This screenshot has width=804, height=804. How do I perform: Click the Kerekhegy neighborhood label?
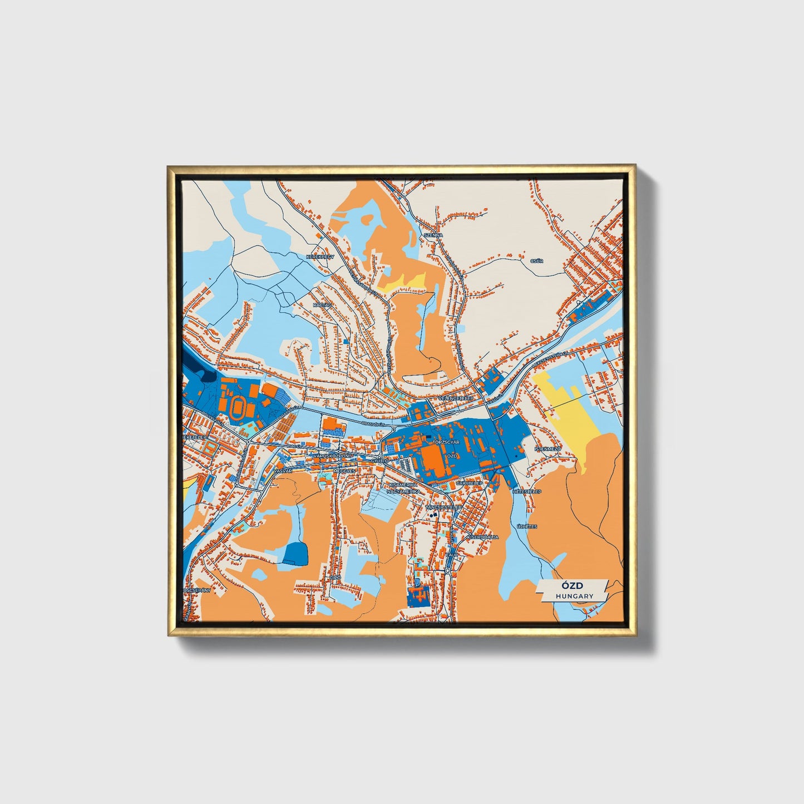319,257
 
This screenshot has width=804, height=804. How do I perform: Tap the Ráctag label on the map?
322,305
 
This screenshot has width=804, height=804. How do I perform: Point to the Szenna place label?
433,235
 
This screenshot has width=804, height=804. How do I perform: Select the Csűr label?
537,260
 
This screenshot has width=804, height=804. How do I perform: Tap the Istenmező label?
546,448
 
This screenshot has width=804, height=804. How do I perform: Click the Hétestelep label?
527,492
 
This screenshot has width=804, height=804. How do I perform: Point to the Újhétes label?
527,526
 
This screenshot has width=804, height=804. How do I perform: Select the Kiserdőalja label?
482,537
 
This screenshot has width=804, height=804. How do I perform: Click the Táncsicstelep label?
443,507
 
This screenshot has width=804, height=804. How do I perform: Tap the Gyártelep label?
469,484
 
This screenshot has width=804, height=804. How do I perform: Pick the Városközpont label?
333,456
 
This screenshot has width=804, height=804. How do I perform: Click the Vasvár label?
283,471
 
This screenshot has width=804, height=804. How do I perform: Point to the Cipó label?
335,578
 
